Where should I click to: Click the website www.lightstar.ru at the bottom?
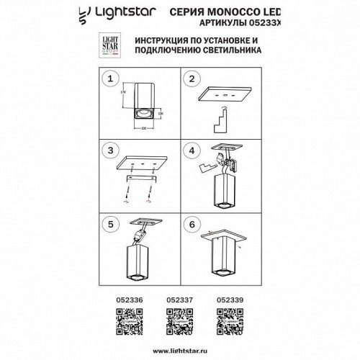point(179,349)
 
